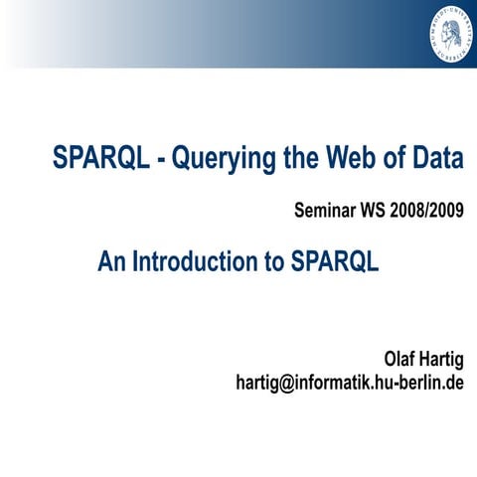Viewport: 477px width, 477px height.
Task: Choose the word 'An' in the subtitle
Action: pyautogui.click(x=111, y=261)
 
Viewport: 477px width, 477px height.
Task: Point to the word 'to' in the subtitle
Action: pyautogui.click(x=274, y=261)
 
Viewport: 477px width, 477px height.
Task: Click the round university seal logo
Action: pyautogui.click(x=443, y=33)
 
